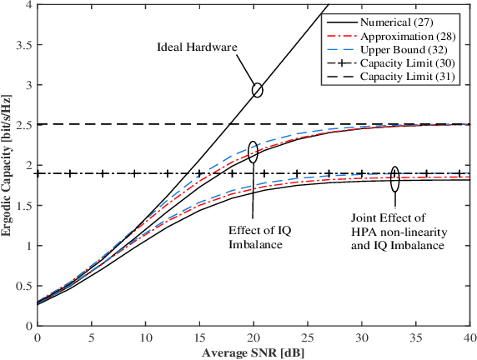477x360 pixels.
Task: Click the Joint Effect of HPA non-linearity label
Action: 397,227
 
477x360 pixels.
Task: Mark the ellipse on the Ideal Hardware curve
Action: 256,89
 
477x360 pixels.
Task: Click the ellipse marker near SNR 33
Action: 394,176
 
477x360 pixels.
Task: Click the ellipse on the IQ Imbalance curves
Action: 253,151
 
